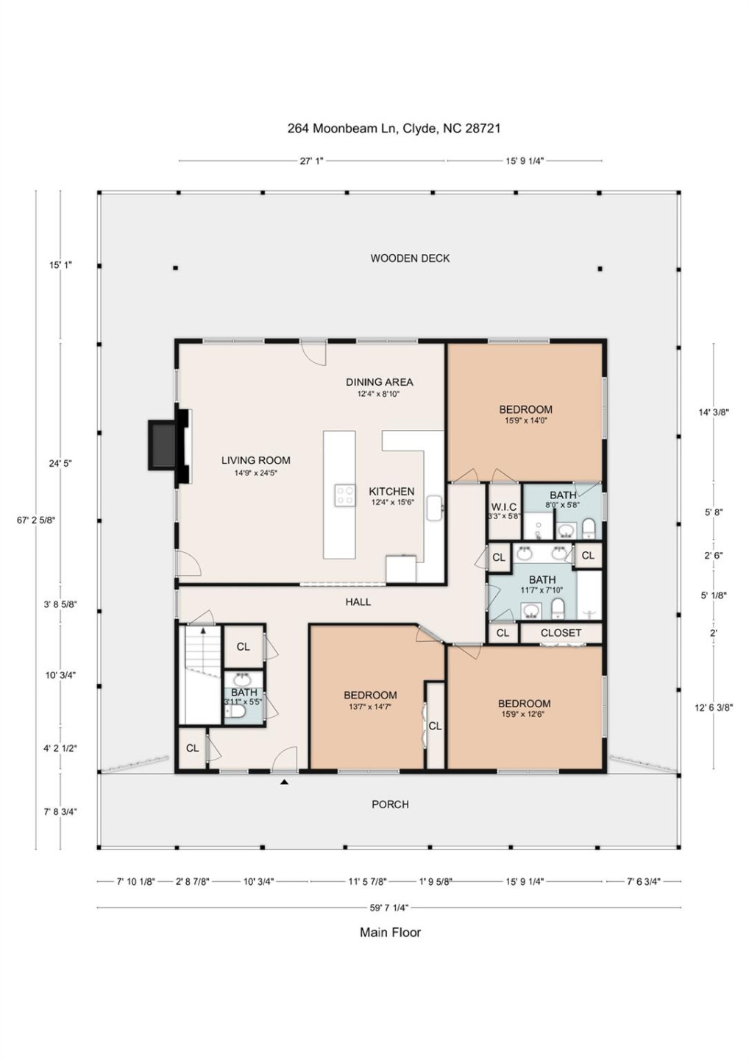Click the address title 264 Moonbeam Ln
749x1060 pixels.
[x=394, y=128]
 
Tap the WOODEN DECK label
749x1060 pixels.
[x=410, y=258]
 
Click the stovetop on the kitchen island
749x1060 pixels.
[x=345, y=495]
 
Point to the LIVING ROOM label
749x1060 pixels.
[x=255, y=461]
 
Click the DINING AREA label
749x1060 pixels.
[x=379, y=382]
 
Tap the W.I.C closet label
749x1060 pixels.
[x=504, y=507]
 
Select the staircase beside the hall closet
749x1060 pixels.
[x=201, y=674]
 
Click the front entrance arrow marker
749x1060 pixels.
[x=284, y=782]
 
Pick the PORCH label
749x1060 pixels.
[x=390, y=805]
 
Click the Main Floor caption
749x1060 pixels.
[x=390, y=933]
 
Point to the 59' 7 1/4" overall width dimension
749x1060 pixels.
[x=389, y=908]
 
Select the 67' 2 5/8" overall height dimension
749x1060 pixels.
[x=36, y=520]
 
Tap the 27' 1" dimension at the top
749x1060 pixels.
[x=311, y=160]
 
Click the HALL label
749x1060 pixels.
[x=358, y=602]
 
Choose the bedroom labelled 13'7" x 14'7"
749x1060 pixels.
[x=370, y=699]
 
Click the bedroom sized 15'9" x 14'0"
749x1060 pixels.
[x=525, y=414]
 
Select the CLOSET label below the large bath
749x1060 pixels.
[x=561, y=633]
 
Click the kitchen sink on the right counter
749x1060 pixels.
[x=435, y=507]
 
